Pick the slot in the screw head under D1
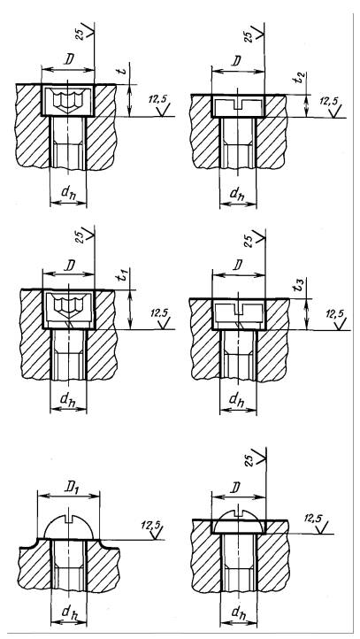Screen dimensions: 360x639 68,518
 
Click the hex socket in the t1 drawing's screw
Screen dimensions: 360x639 68,305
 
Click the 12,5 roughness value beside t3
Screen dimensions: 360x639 334,314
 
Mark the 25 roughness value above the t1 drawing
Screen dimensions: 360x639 80,237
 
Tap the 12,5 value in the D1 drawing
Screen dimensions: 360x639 149,524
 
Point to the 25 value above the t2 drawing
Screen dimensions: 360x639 249,36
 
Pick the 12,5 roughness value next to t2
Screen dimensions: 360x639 329,101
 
